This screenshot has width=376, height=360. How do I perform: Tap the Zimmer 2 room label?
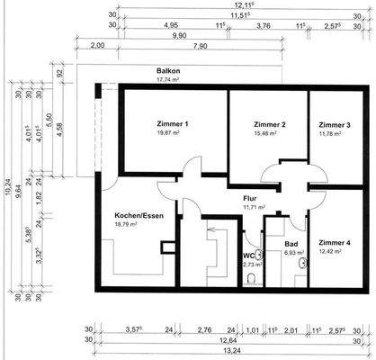(x=269, y=123)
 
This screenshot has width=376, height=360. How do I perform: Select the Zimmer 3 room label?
(x=334, y=123)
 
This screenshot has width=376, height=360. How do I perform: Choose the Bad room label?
(x=291, y=244)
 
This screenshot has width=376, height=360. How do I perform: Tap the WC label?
(x=249, y=256)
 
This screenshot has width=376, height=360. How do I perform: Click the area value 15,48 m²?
(x=269, y=132)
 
